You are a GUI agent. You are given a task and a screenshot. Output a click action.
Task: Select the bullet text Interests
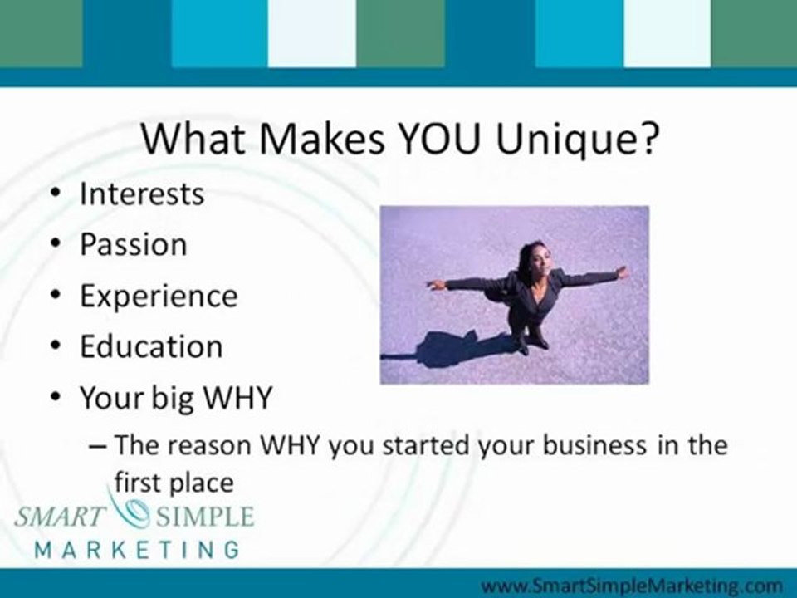(142, 194)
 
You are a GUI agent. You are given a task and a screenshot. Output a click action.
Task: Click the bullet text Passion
(133, 244)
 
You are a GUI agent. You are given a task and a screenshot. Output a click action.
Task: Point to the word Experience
(159, 297)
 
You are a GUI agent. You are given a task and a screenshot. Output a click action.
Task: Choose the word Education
(151, 346)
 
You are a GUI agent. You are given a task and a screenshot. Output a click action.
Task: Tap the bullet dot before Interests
(56, 194)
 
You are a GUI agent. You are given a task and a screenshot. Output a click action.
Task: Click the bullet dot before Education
(56, 346)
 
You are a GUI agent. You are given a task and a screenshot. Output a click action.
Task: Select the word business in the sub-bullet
(594, 445)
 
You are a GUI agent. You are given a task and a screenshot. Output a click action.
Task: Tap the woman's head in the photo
(533, 258)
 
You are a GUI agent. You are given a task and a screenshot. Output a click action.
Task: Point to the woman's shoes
(531, 344)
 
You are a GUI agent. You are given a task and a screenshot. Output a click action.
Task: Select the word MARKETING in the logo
(137, 550)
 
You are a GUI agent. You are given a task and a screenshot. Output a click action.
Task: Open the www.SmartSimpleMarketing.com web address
(631, 586)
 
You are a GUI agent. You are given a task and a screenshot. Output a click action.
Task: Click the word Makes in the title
(322, 139)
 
